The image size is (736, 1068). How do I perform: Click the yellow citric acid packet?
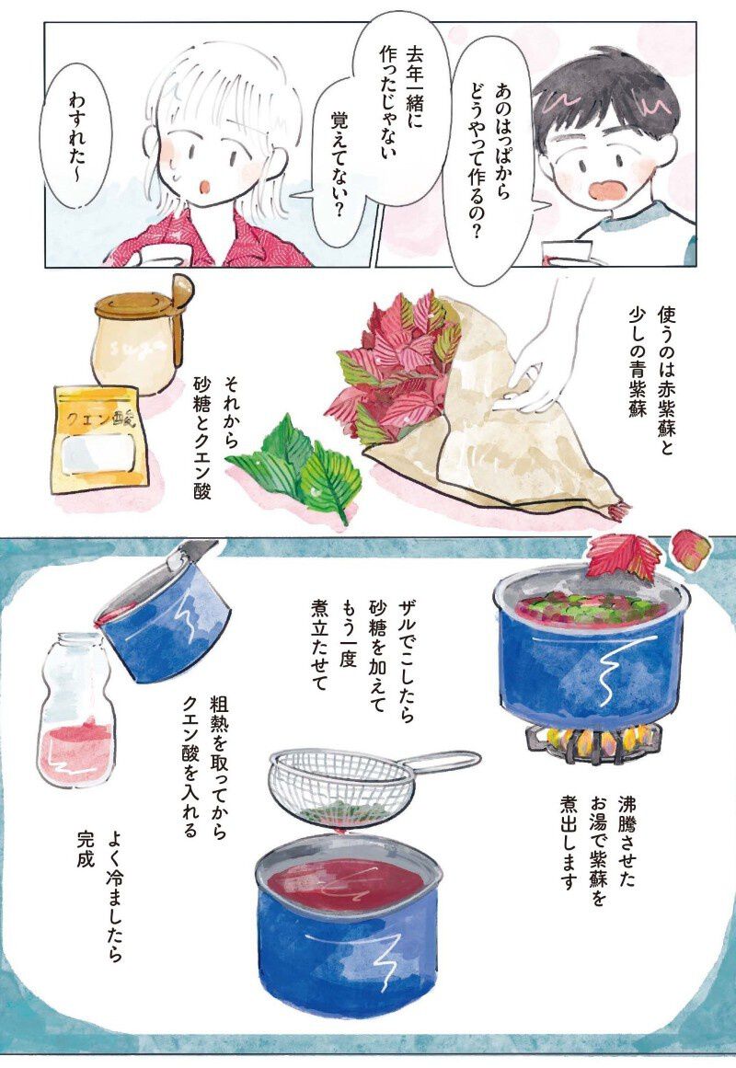(x=100, y=440)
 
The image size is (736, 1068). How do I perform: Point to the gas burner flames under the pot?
(x=592, y=738)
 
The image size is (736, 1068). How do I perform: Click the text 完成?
(x=85, y=849)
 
